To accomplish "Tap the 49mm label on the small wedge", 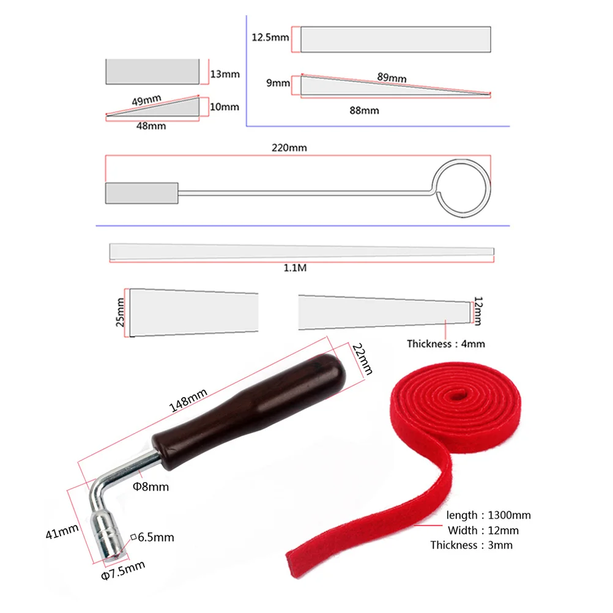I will (x=141, y=100).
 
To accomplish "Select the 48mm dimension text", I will (x=151, y=126).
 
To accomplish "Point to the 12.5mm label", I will (x=270, y=37).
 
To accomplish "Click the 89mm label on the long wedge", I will (x=392, y=78).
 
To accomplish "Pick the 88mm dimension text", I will (x=363, y=110).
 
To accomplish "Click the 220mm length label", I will (x=292, y=147).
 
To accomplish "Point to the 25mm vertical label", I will (x=120, y=312).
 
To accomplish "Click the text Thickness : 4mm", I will (x=445, y=344).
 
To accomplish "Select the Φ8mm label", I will (x=150, y=487).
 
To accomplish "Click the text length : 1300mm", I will (x=488, y=516).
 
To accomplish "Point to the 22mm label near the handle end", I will (x=363, y=359).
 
